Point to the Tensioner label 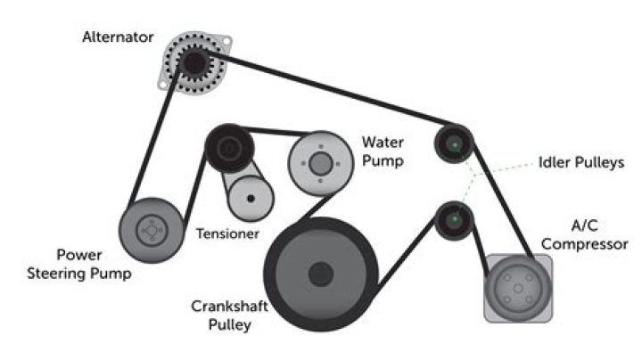coord(226,234)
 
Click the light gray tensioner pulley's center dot coord(251,197)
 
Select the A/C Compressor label coord(586,233)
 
